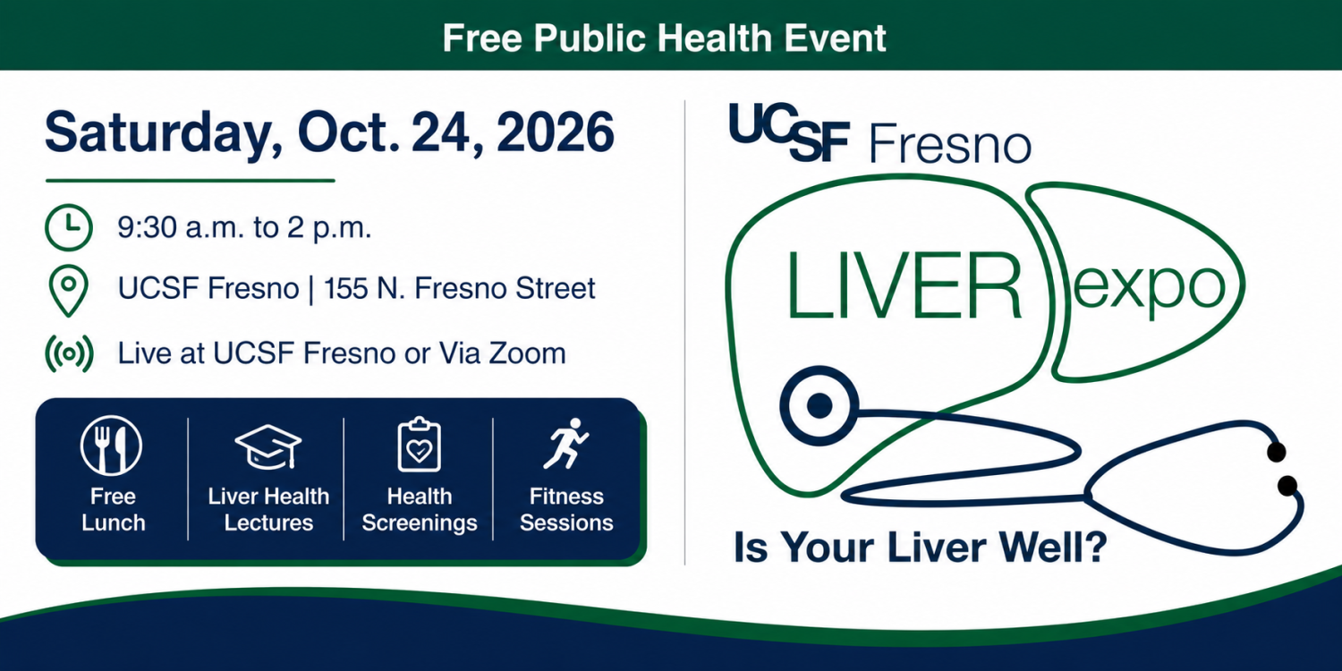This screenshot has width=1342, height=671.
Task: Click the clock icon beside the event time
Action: click(69, 227)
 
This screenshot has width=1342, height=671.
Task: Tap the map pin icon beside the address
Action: click(68, 291)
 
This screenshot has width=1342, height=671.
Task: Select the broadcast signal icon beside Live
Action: click(69, 353)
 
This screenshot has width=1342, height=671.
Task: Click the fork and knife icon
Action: click(112, 446)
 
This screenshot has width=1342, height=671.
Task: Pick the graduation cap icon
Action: click(268, 447)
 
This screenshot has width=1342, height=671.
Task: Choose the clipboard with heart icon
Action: click(420, 445)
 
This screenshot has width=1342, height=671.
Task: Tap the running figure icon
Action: click(566, 444)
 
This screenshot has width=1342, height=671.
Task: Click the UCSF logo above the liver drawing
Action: click(789, 132)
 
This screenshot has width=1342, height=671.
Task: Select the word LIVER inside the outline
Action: click(904, 285)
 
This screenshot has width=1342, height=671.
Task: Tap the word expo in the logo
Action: click(1149, 288)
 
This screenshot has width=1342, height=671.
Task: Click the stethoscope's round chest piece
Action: click(819, 405)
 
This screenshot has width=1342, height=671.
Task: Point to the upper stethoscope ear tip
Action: click(1276, 452)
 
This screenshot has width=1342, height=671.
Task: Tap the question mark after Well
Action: click(1093, 546)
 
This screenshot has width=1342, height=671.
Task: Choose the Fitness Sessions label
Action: click(566, 509)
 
